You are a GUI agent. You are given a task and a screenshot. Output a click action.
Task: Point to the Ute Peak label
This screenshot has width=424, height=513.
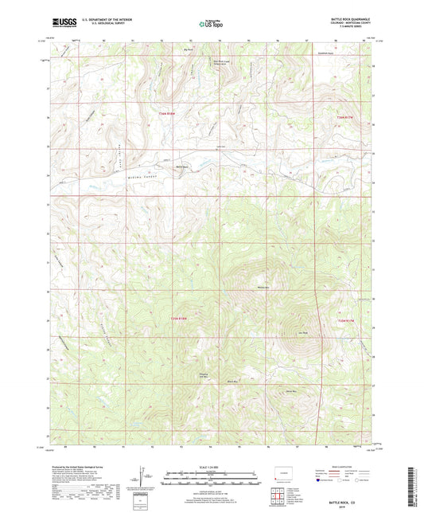(x=303, y=333)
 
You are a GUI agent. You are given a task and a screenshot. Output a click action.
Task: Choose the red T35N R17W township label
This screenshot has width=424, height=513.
(x=343, y=320)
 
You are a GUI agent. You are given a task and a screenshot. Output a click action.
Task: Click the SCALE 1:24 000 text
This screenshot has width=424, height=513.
(x=211, y=467)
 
